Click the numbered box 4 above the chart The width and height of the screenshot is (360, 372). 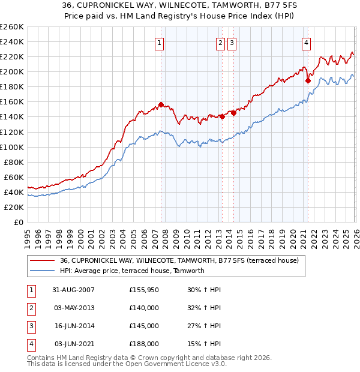pos(306,43)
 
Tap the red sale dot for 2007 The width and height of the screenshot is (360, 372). pos(161,104)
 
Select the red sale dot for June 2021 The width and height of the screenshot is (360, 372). pos(307,80)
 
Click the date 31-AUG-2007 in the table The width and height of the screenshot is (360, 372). pos(73,290)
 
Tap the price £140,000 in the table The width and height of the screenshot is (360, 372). pos(143,308)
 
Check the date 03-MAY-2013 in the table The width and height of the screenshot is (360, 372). pos(73,308)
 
